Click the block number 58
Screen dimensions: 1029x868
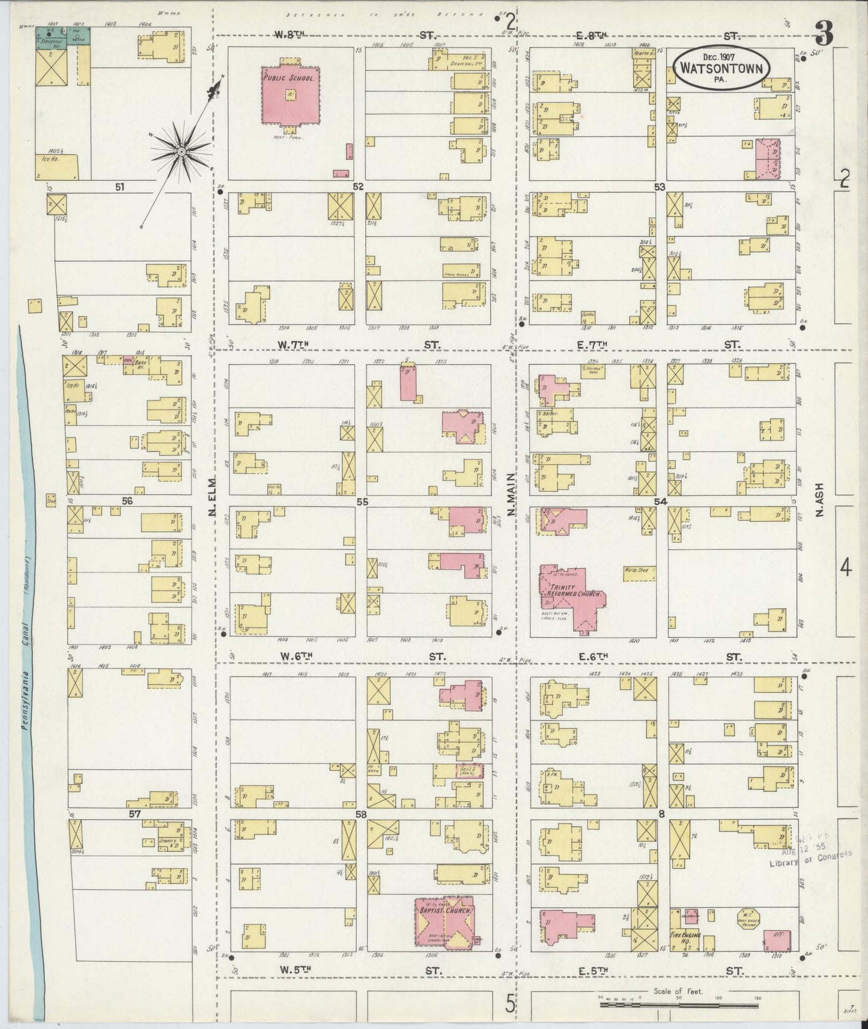[x=360, y=815]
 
